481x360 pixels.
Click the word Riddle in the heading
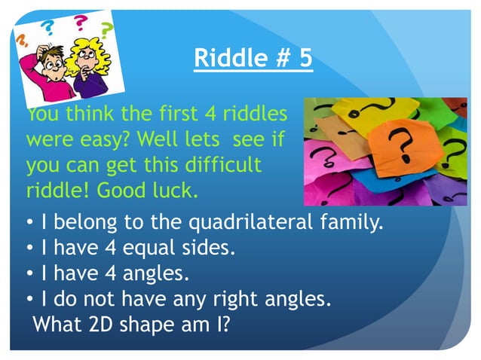pyautogui.click(x=226, y=58)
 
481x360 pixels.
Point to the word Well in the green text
pyautogui.click(x=176, y=139)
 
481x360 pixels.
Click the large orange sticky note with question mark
pyautogui.click(x=407, y=142)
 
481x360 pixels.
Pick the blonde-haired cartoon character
pyautogui.click(x=88, y=66)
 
